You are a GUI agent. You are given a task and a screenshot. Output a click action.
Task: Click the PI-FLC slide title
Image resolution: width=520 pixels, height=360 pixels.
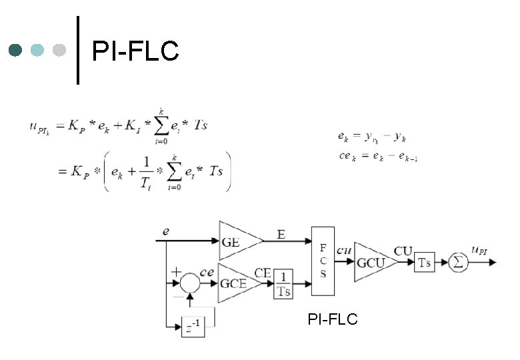[135, 51]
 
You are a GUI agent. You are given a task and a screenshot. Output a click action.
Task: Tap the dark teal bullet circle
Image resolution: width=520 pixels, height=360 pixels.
[16, 50]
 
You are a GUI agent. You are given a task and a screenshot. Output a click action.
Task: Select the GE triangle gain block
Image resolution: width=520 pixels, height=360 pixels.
[237, 241]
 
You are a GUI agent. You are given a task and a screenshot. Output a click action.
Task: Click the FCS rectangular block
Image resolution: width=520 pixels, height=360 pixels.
[323, 260]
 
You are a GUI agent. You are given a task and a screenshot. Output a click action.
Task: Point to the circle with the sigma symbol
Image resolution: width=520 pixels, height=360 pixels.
[458, 263]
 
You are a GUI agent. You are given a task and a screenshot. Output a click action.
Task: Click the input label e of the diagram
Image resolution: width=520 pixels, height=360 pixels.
[167, 231]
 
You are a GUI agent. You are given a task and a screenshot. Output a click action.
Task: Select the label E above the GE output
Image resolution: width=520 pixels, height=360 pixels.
[281, 234]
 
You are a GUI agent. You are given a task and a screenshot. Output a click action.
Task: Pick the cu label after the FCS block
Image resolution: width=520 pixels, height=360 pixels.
[344, 250]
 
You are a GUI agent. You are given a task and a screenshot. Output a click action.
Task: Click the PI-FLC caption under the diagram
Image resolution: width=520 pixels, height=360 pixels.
[333, 320]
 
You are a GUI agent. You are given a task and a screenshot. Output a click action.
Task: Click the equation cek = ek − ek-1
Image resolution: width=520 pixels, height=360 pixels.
[377, 157]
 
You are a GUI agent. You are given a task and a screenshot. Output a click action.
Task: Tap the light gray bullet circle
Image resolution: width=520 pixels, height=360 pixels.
[59, 50]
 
